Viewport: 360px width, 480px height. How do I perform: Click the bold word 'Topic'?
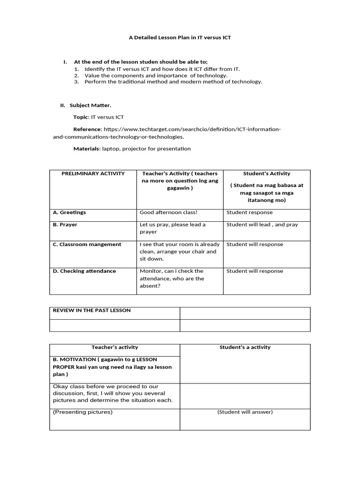[81, 117]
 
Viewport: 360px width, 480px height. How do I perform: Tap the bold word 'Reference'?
[87, 129]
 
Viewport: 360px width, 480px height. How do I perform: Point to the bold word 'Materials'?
[86, 149]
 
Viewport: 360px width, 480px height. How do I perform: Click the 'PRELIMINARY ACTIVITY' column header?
[93, 173]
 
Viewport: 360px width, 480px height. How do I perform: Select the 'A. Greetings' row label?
[69, 212]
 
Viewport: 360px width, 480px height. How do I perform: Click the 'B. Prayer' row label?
[65, 225]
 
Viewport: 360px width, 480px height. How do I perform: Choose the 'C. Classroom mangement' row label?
[87, 244]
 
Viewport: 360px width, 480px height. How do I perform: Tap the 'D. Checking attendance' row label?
[84, 271]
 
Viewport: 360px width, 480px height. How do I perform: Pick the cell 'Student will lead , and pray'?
[262, 225]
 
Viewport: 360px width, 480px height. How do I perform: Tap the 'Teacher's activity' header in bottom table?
[115, 347]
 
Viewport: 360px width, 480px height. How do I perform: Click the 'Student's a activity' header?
[245, 347]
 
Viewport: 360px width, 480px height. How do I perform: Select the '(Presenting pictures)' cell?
[82, 412]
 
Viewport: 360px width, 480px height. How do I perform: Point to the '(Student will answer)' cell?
[245, 412]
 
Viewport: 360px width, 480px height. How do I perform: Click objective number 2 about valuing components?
[156, 75]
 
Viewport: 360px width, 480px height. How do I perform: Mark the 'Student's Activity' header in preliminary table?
[267, 173]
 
